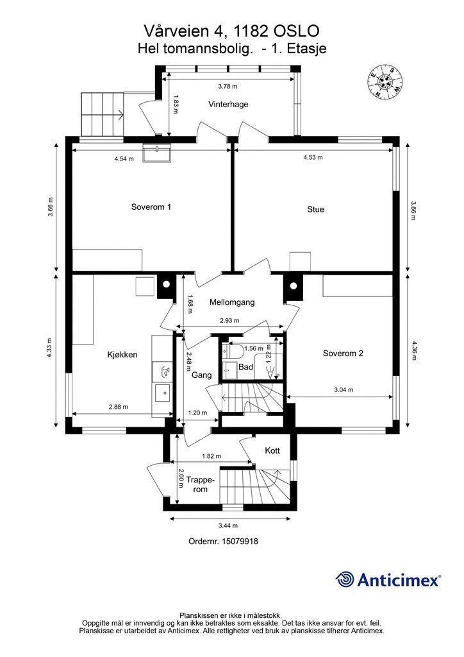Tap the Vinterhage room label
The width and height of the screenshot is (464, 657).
tap(228, 105)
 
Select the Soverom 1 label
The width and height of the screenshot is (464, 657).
tap(151, 207)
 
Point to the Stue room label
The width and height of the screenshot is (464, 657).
tap(315, 210)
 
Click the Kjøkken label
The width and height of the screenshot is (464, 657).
tap(122, 354)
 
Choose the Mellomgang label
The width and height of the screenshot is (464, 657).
tap(232, 302)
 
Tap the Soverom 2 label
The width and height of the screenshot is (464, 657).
tap(343, 354)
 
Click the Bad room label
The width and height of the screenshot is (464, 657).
tap(245, 367)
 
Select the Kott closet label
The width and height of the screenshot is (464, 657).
tap(272, 451)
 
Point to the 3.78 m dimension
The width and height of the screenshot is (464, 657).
tap(228, 87)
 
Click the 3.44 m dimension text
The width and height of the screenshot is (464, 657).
tap(228, 525)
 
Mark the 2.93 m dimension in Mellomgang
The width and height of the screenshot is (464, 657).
tap(229, 321)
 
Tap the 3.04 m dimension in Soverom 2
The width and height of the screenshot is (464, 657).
tap(344, 389)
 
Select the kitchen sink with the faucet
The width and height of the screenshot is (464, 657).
tap(165, 371)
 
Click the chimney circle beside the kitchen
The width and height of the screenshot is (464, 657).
tap(166, 284)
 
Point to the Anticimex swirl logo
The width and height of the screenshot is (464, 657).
tap(344, 580)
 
